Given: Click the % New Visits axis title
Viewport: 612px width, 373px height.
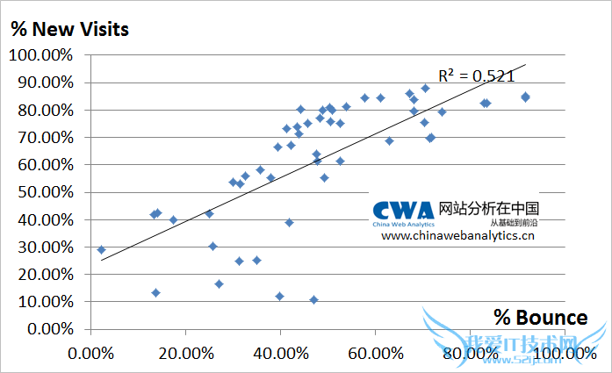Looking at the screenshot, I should pos(70,29).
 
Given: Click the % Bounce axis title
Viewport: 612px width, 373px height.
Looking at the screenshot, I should pos(540,317).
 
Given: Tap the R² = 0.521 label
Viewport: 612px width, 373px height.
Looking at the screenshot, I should pos(476,75).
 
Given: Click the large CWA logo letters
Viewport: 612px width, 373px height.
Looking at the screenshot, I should pos(402,210).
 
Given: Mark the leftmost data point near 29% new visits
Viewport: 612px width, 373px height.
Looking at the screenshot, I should pos(101,249).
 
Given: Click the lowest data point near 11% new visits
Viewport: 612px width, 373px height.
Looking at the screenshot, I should pos(313,299).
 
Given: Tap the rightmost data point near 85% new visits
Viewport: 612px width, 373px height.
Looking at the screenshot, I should pos(525,97).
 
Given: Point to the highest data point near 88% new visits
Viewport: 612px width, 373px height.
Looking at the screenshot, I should pos(425,88).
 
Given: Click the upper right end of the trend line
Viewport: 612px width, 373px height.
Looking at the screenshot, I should pos(524,64).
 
